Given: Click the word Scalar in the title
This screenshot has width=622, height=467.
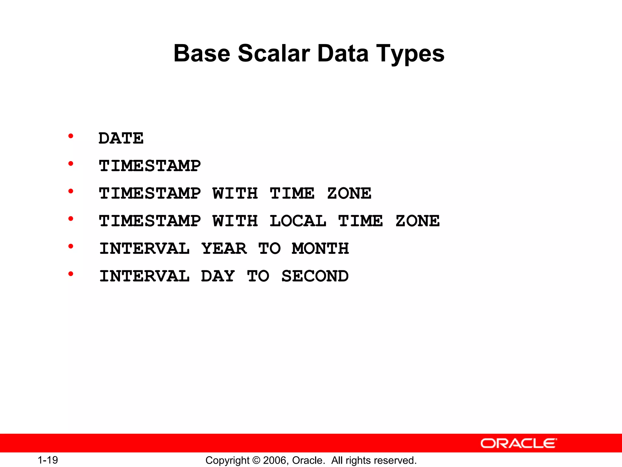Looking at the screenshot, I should point(274,54).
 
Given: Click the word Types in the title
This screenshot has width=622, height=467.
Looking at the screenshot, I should point(410,54).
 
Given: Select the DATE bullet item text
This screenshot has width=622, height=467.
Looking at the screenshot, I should point(121,138).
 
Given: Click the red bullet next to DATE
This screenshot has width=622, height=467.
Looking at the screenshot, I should point(71,136).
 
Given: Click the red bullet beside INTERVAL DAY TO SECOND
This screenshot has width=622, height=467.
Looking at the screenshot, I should point(71,274).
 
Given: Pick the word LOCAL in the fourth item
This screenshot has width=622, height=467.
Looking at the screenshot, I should point(298,221).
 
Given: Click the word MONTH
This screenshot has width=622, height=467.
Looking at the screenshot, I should point(320,248).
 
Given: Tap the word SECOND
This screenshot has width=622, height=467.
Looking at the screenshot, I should point(315,276).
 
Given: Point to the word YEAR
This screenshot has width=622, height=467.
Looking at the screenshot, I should point(224,248).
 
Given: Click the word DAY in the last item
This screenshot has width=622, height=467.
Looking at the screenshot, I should point(218,276).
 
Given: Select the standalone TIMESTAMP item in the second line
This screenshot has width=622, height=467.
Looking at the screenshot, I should point(150,166).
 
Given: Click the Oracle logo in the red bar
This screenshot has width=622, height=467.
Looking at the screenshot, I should point(518,443).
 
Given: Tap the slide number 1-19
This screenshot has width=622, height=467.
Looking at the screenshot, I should point(48,460).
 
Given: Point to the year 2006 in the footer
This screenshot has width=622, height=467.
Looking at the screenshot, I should point(274,460).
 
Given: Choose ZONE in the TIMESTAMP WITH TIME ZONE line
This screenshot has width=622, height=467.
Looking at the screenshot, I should point(349,193).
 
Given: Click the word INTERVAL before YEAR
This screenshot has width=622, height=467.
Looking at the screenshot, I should point(145,248).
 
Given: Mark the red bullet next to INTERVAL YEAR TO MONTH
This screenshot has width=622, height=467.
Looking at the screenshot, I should point(71,246).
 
